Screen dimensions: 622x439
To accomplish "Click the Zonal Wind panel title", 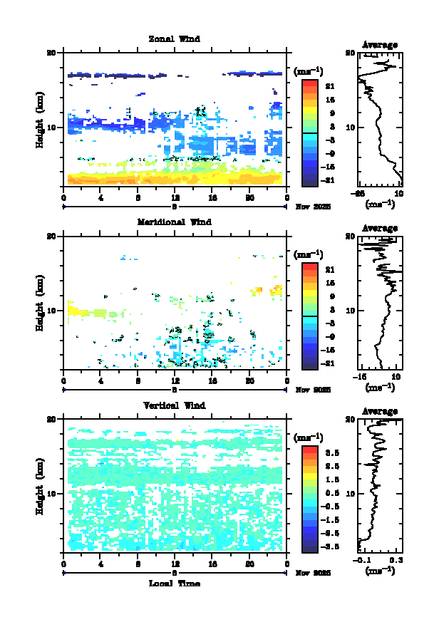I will click(x=174, y=39).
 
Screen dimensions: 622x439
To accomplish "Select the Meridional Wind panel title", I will click(x=174, y=222).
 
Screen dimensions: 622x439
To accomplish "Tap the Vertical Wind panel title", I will click(x=174, y=405).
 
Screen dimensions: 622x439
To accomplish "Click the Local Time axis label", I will click(x=174, y=584).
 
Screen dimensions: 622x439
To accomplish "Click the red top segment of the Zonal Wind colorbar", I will click(x=309, y=84).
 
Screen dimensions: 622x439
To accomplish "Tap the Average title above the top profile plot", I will click(x=380, y=45).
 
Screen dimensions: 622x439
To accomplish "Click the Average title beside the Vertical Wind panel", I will click(x=380, y=411).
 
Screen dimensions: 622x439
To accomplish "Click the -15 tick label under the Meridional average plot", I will click(x=361, y=378).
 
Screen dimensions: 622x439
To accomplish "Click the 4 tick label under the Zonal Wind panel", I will click(x=101, y=198).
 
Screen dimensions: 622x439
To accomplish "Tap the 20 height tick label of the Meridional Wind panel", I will click(x=51, y=236).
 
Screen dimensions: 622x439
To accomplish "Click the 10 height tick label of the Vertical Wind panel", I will click(x=51, y=494).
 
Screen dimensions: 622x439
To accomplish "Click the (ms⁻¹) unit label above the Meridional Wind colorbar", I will click(x=309, y=254).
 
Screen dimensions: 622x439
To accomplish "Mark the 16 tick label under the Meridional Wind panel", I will click(x=212, y=381).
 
